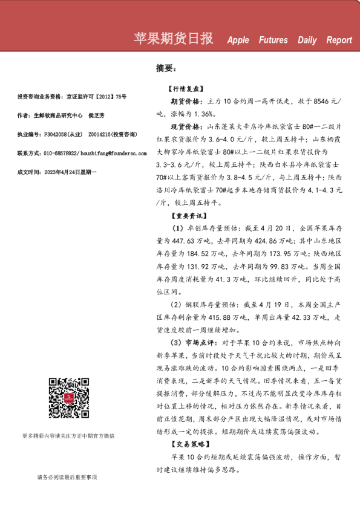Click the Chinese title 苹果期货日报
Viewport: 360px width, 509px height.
point(173,39)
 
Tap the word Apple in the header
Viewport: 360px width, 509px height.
point(238,41)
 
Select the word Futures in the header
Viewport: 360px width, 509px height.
point(273,41)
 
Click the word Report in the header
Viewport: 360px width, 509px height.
point(339,41)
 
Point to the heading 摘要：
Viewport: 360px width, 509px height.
point(166,68)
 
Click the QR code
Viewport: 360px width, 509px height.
point(69,398)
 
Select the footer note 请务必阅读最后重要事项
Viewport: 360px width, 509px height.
point(67,478)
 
